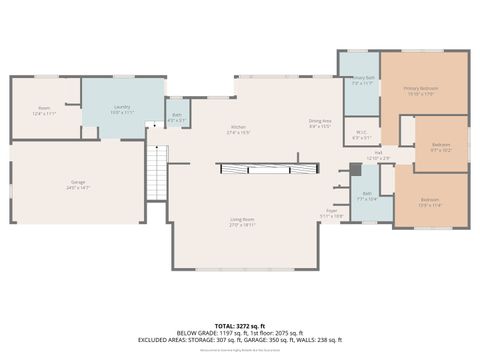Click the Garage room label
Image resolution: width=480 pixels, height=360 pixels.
(x=78, y=185)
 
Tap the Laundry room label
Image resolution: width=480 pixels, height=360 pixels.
(x=122, y=108)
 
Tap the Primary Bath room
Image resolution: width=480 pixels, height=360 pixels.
(x=361, y=81)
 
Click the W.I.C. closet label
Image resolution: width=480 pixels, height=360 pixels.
(x=362, y=136)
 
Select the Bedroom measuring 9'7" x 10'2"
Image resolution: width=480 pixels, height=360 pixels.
(x=440, y=147)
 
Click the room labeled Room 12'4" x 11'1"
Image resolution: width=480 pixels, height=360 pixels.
(x=44, y=111)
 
